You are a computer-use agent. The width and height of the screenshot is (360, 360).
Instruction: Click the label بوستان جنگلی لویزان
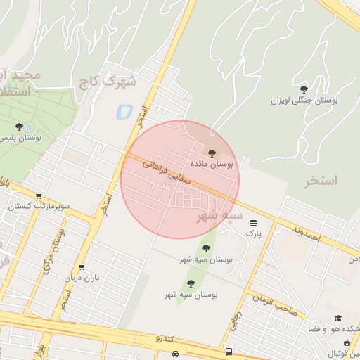pyautogui.click(x=305, y=101)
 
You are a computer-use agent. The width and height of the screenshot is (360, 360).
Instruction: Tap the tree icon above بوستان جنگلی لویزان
pyautogui.click(x=304, y=89)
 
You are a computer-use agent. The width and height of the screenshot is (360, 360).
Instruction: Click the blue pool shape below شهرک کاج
pyautogui.click(x=124, y=111)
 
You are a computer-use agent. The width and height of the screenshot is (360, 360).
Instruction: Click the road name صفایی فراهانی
pyautogui.click(x=167, y=170)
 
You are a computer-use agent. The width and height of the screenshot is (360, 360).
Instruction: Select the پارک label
pyautogui.click(x=253, y=231)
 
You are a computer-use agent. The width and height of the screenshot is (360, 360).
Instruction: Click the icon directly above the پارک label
pyautogui.click(x=253, y=221)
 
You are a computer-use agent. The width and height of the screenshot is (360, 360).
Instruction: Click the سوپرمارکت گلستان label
pyautogui.click(x=39, y=207)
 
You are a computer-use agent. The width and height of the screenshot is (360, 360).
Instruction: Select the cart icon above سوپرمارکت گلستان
pyautogui.click(x=39, y=196)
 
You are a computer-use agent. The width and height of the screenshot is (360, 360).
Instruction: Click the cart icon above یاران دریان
pyautogui.click(x=82, y=267)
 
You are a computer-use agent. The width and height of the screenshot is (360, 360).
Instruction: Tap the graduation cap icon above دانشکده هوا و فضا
pyautogui.click(x=338, y=318)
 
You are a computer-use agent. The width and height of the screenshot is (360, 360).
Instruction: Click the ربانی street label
pyautogui.click(x=234, y=322)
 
